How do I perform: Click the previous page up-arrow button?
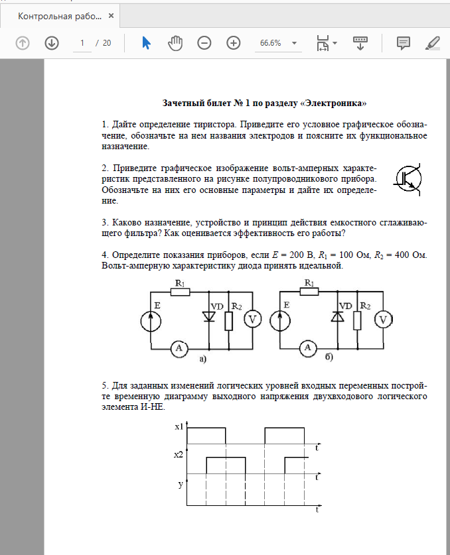pyautogui.click(x=23, y=42)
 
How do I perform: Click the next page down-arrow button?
pyautogui.click(x=52, y=42)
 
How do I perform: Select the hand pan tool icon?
pyautogui.click(x=175, y=42)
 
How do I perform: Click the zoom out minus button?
pyautogui.click(x=204, y=42)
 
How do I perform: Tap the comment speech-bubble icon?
pyautogui.click(x=403, y=42)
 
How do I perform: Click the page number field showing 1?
pyautogui.click(x=83, y=42)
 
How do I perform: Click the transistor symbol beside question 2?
pyautogui.click(x=408, y=178)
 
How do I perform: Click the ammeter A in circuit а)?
pyautogui.click(x=177, y=346)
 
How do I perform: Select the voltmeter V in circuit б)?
pyautogui.click(x=382, y=320)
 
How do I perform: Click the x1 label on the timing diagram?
pyautogui.click(x=179, y=428)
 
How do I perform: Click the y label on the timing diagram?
pyautogui.click(x=180, y=484)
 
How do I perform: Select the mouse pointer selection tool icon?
pyautogui.click(x=146, y=42)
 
